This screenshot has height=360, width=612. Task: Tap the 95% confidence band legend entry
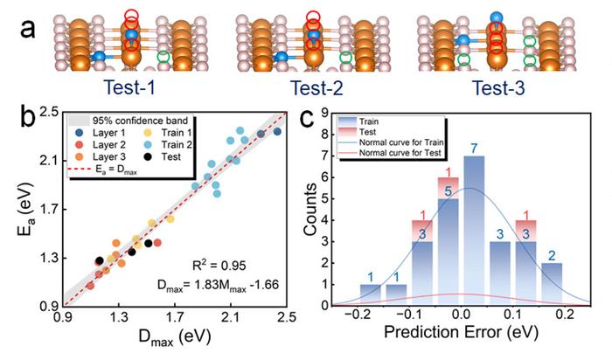coord(117,120)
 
